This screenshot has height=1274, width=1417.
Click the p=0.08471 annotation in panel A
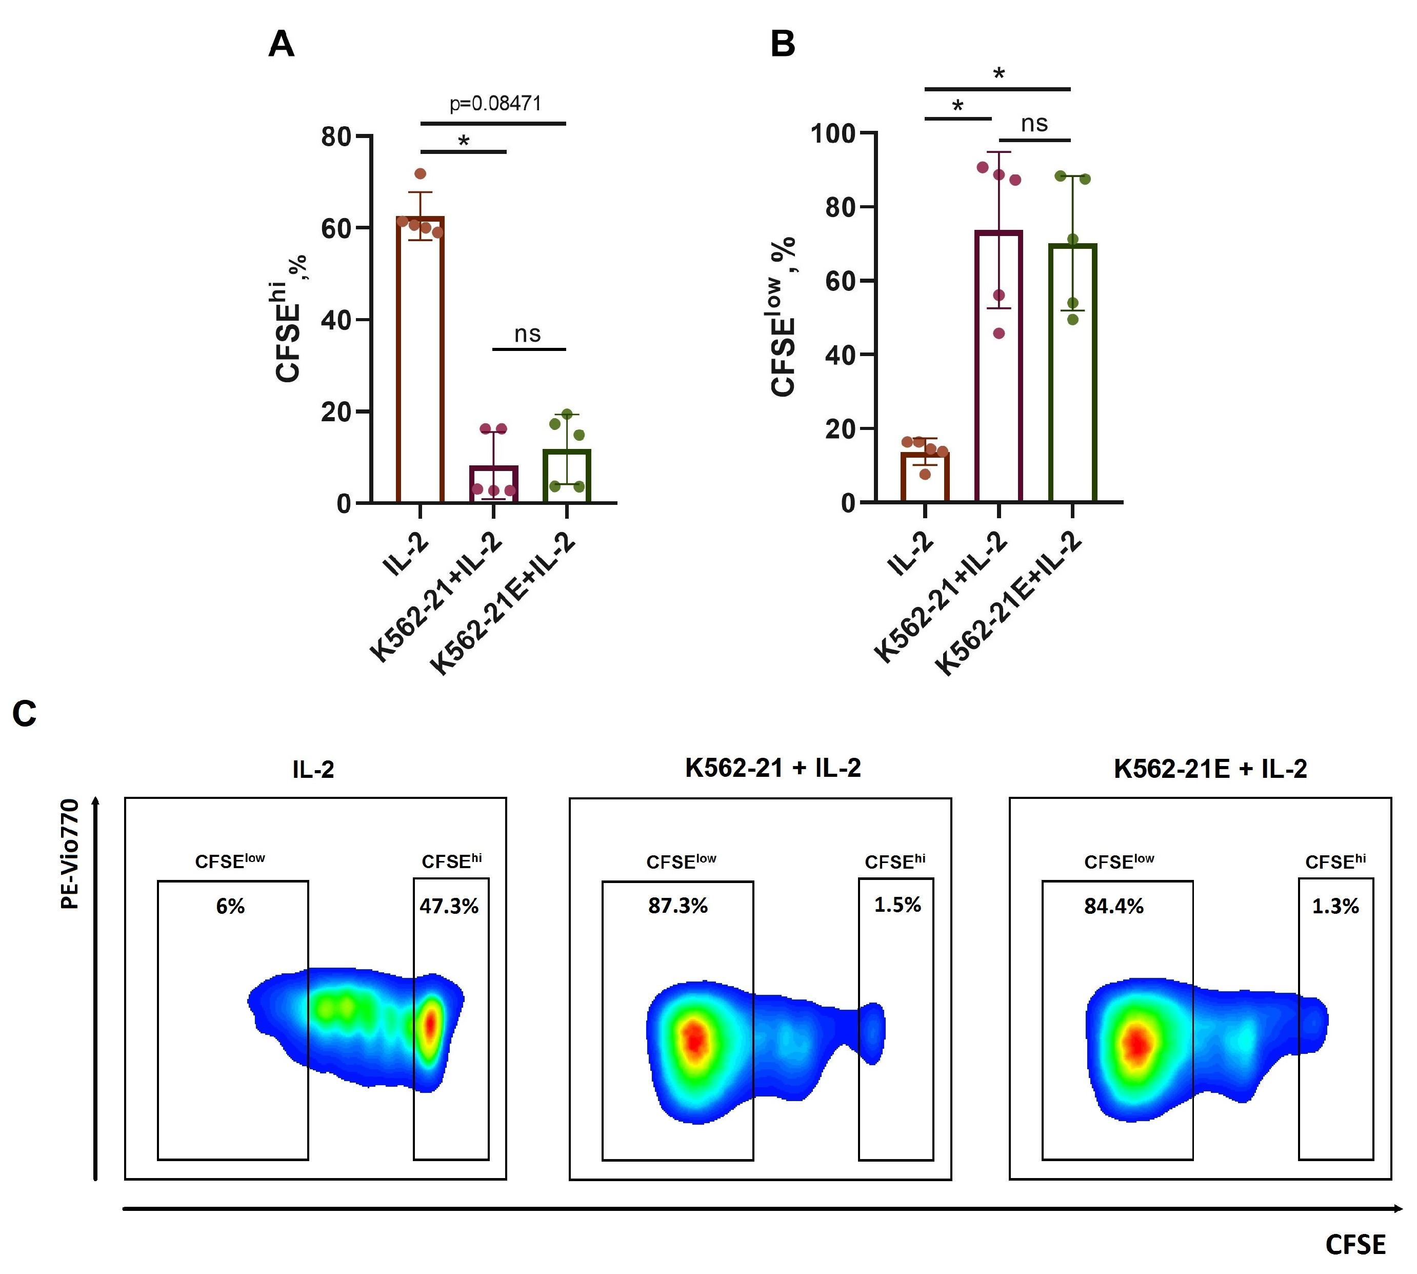tap(495, 104)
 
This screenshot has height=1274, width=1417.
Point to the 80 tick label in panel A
tap(336, 136)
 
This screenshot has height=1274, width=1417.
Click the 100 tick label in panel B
tap(833, 133)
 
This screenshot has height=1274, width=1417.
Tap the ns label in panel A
tap(528, 334)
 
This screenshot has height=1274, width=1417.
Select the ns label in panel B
tap(1034, 124)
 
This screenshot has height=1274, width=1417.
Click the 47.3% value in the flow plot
tap(449, 907)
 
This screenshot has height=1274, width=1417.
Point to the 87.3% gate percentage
tap(677, 906)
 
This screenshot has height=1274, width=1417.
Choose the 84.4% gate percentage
tap(1113, 907)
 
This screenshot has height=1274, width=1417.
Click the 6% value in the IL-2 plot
tap(230, 907)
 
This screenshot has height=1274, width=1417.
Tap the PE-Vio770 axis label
tap(70, 854)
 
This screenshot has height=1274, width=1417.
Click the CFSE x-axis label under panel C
tap(1355, 1245)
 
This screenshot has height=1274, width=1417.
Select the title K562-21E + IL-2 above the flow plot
tap(1210, 769)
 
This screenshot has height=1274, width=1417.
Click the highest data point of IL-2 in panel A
tap(420, 173)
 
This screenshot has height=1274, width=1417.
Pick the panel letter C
tap(25, 714)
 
